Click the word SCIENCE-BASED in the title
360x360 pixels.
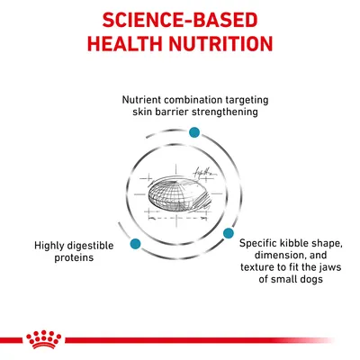click(180, 20)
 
